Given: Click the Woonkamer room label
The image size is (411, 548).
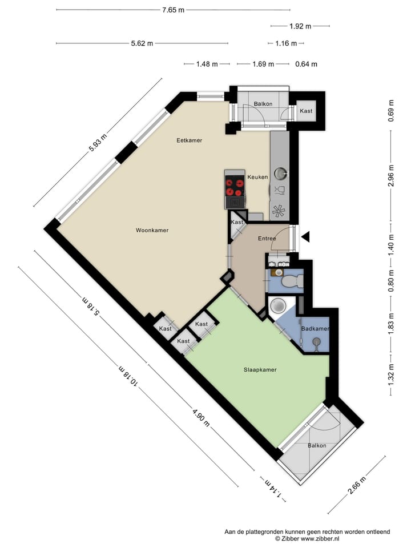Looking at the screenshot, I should pos(152,231).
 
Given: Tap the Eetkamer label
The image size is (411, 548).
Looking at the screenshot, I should pos(189,140).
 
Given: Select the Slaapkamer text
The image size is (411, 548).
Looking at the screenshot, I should pos(260,370).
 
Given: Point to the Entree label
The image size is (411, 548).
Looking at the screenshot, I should pos(267,239).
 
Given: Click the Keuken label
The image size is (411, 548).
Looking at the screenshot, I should pos(257,178).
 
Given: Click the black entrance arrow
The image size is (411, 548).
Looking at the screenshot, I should pos(305,236).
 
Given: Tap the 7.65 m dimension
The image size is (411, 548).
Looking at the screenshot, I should pos(173,10).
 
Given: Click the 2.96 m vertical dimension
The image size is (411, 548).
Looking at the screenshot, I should pos(391,177).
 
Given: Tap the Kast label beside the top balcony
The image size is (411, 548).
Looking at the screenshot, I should pos(307,111).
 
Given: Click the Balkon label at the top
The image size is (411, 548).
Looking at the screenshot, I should pos(263,104).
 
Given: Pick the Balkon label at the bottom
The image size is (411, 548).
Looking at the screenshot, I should pos(317,446).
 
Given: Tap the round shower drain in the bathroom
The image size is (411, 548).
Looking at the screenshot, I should pos(279,306).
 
